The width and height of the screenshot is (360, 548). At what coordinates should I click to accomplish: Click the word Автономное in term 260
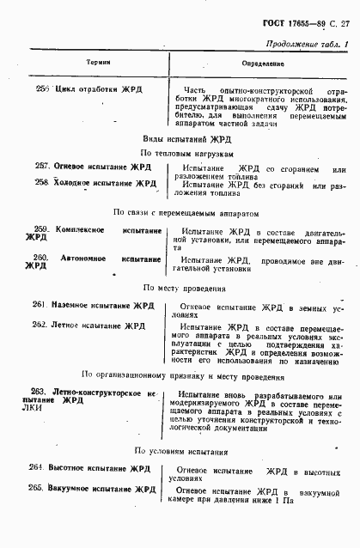tap(88, 258)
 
